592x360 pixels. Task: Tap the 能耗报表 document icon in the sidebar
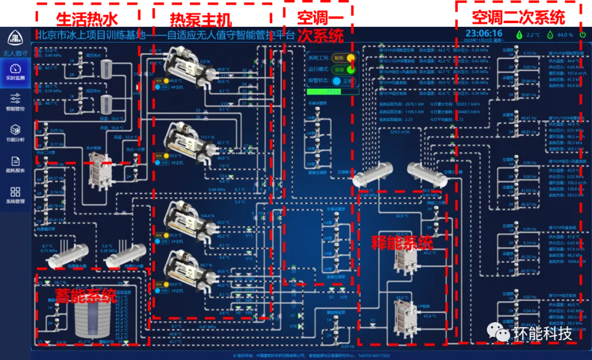point(15,161)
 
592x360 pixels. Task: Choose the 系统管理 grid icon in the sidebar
point(15,192)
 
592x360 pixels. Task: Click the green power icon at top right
point(583,35)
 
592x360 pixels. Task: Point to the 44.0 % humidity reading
point(564,35)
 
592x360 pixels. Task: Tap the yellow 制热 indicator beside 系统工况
point(350,58)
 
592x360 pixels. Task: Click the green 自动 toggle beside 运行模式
point(350,70)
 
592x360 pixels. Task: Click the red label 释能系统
point(401,243)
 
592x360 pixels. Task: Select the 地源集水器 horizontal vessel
point(68,254)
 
